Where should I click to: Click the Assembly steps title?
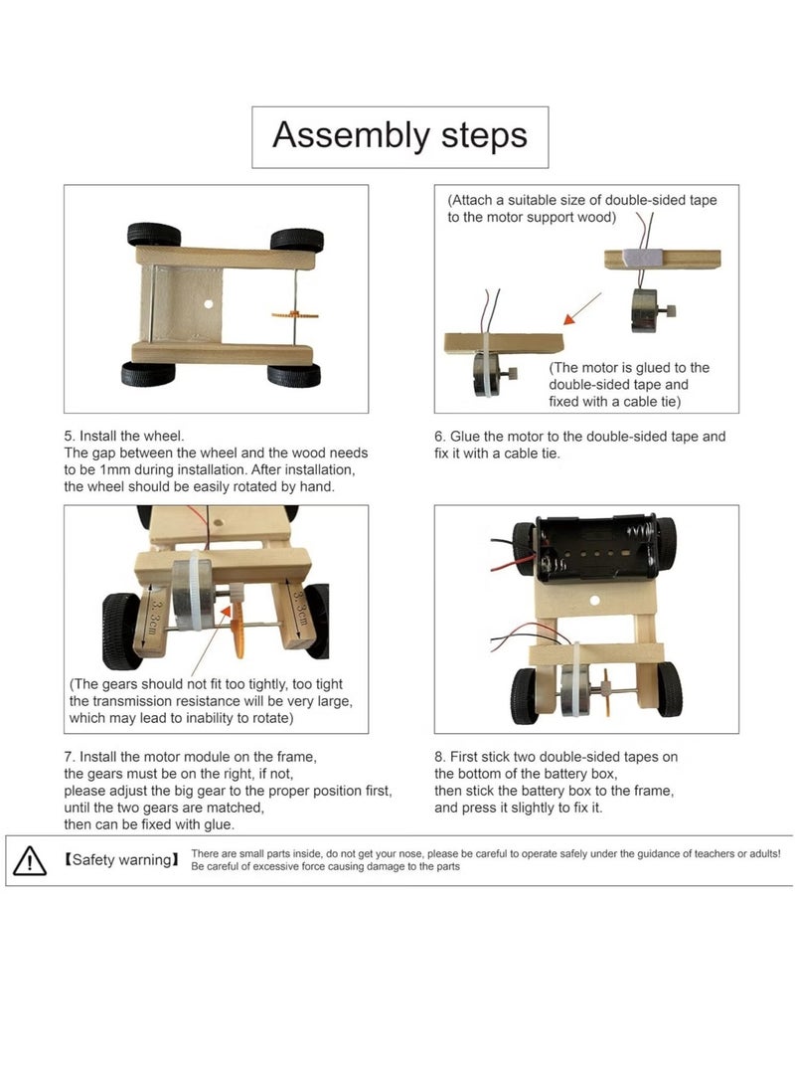(x=399, y=135)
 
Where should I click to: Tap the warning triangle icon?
(x=30, y=859)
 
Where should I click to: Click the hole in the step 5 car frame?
(x=210, y=303)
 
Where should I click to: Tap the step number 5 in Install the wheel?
(x=69, y=437)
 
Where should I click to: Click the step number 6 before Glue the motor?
(x=439, y=437)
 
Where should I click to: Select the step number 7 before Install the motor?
(x=69, y=757)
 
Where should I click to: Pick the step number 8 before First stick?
(x=439, y=757)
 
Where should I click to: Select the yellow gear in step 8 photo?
(x=604, y=688)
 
